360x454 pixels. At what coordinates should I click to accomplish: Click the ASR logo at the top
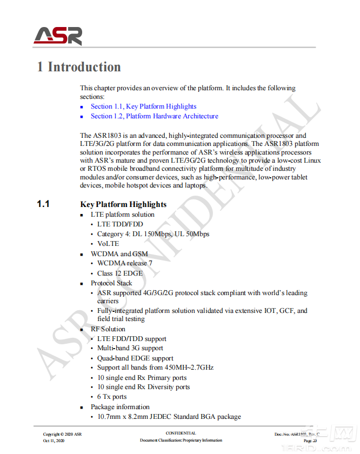click(58, 35)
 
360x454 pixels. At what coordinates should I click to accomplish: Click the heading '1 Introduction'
click(79, 67)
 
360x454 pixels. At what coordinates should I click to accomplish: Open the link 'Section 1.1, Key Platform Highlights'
click(143, 106)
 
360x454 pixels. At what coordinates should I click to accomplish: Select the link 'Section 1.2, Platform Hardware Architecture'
click(154, 116)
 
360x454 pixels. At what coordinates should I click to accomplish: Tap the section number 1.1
click(43, 204)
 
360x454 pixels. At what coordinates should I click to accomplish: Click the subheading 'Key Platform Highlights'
click(123, 204)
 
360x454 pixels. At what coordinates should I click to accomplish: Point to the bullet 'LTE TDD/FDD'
click(120, 224)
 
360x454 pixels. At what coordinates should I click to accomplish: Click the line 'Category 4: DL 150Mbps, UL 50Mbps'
click(153, 234)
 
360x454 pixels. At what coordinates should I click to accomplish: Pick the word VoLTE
click(108, 244)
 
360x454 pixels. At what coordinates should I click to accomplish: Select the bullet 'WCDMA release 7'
click(124, 263)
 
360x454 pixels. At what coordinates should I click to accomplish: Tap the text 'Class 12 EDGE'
click(119, 273)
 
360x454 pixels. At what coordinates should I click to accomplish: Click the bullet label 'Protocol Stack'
click(111, 283)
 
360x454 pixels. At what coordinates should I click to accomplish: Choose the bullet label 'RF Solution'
click(108, 329)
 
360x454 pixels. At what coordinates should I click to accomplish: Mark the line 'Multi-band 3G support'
click(130, 348)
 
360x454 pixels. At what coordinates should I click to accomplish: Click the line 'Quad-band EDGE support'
click(135, 358)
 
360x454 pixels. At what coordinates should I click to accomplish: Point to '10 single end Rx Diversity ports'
click(143, 387)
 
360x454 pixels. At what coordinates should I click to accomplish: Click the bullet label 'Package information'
click(120, 407)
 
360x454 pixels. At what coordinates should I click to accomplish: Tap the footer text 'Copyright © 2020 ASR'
click(63, 434)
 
